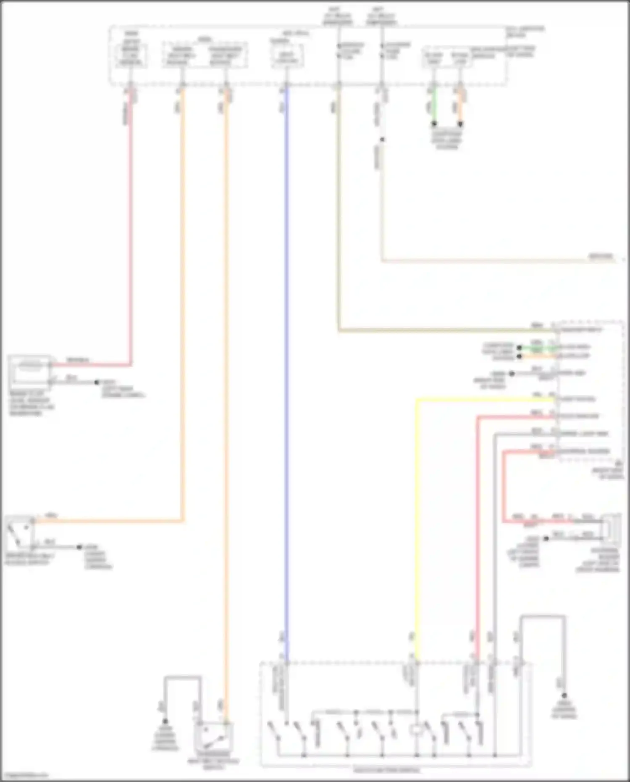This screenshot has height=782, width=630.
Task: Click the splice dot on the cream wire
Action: [x=382, y=139]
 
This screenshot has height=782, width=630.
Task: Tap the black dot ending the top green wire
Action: [x=434, y=124]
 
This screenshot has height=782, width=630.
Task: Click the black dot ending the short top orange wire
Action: [x=460, y=124]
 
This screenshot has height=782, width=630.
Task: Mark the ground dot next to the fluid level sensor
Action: [x=97, y=382]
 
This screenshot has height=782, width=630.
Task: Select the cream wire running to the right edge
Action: [x=483, y=261]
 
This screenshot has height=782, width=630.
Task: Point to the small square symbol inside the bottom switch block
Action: [x=416, y=730]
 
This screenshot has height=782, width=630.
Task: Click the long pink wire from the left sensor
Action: [x=130, y=231]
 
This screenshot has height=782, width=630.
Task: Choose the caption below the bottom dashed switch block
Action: [x=386, y=771]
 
